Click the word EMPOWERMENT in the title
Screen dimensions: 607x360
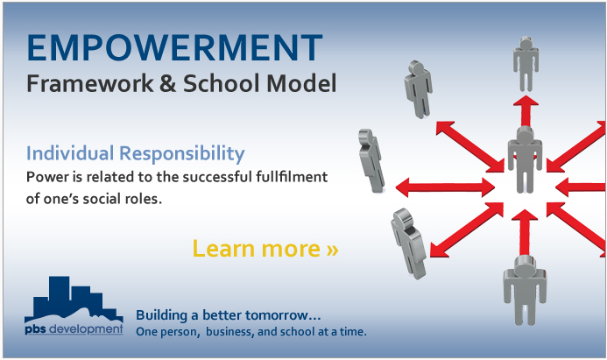coord(174,47)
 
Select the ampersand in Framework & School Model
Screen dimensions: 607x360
coord(167,83)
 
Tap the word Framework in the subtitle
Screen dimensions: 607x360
coord(90,83)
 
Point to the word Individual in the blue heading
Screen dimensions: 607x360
coord(70,153)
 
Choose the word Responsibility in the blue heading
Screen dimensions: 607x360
coord(182,153)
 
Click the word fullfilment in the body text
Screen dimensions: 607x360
coord(292,177)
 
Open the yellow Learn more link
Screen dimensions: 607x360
coord(265,248)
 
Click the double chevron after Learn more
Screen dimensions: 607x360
coord(333,250)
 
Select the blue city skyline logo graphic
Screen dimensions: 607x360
coord(74,299)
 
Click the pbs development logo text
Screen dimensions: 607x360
coord(74,329)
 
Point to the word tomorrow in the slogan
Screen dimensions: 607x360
coord(283,315)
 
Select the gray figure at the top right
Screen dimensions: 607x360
coord(526,64)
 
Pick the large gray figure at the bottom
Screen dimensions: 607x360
coord(525,290)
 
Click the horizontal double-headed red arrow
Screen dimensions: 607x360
coord(445,187)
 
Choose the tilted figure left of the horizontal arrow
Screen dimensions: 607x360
coord(371,160)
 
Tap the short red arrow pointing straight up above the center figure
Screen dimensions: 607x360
coord(526,111)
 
